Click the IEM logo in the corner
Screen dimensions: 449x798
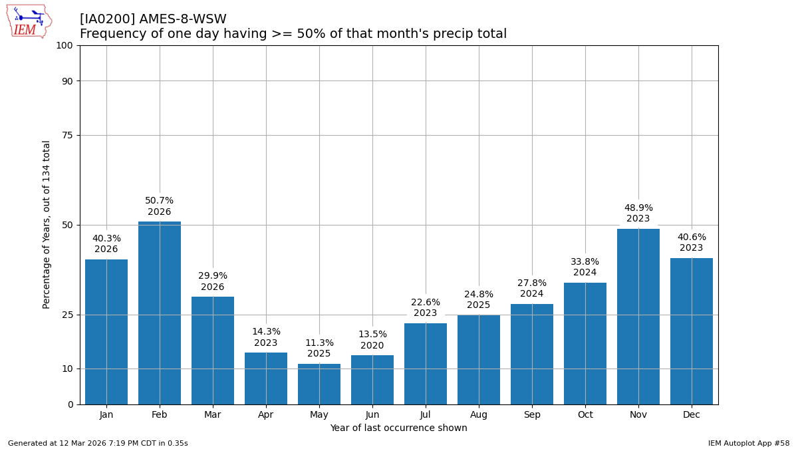coord(29,21)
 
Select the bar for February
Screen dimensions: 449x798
coord(160,313)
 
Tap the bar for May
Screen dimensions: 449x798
coord(319,384)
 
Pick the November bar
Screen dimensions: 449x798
coord(638,316)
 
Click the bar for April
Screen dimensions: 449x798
coord(266,378)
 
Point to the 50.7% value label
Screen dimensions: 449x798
coord(160,201)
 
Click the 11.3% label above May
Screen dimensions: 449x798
coord(319,343)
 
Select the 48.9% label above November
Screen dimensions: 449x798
coord(638,208)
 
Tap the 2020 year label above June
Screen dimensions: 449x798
coord(372,346)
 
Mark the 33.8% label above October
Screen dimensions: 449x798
coord(585,262)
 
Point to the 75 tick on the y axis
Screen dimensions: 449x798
coord(67,135)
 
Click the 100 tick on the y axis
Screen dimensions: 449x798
coord(65,45)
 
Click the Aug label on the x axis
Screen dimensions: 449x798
coord(479,415)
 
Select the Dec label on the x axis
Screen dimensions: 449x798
coord(692,415)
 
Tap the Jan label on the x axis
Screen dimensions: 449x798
coord(106,415)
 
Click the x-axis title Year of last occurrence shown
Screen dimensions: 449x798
coord(398,428)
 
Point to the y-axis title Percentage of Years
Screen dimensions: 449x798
coord(47,224)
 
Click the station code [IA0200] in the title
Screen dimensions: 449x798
coord(107,19)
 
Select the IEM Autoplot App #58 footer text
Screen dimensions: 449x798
coord(749,444)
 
